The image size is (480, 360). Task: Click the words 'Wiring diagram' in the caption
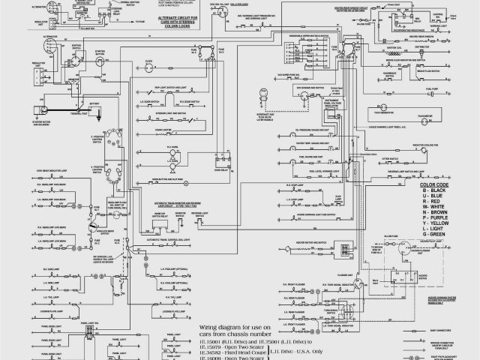coord(217,328)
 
